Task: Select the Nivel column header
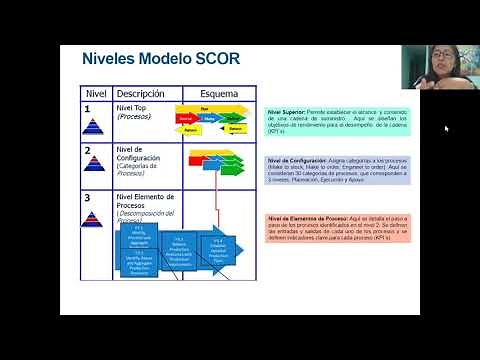pos(95,93)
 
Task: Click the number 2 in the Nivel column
pos(88,151)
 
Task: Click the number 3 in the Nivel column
pos(88,198)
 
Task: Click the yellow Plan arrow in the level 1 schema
pos(205,108)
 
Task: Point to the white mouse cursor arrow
pos(446,128)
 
